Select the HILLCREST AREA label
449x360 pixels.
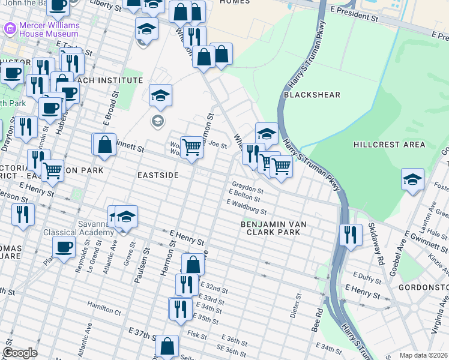pyautogui.click(x=389, y=145)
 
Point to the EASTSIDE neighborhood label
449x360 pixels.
pyautogui.click(x=158, y=175)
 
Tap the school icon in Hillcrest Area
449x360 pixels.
pyautogui.click(x=412, y=179)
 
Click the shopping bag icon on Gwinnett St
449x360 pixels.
pyautogui.click(x=104, y=145)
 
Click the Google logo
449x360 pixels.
pyautogui.click(x=20, y=353)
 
